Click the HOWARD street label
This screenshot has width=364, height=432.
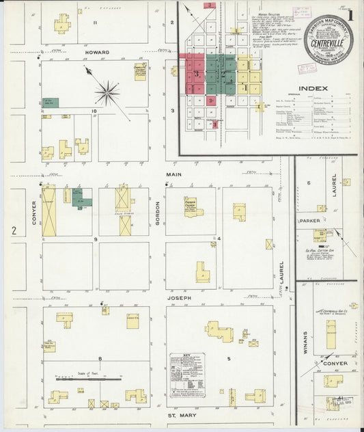[97, 51]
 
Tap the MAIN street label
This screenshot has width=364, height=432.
[171, 174]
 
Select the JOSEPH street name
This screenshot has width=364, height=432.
[176, 298]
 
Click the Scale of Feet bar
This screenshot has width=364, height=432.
[89, 377]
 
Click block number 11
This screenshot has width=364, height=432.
[96, 23]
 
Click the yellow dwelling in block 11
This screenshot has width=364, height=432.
[62, 24]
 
